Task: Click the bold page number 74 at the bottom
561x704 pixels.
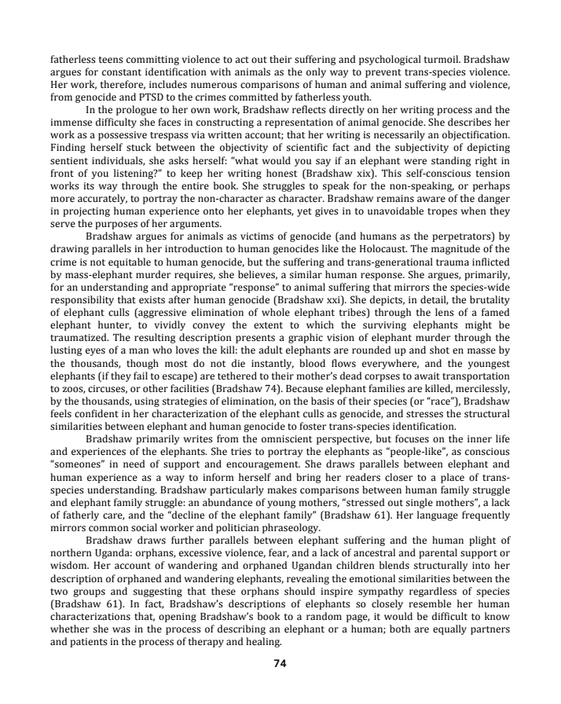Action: [280, 663]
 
